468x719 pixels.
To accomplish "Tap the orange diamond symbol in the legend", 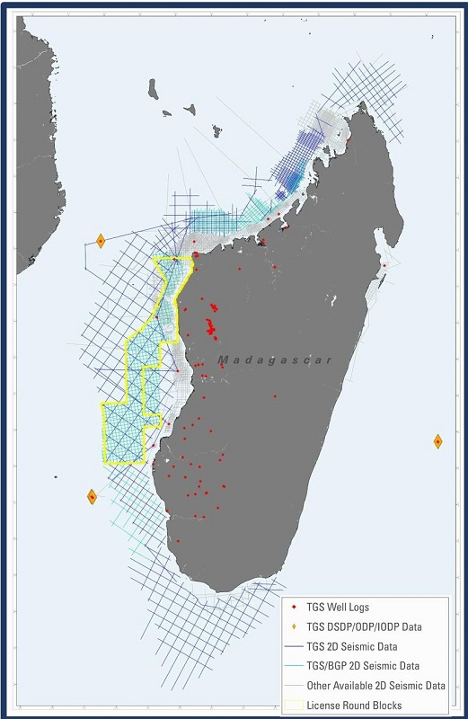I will pyautogui.click(x=294, y=626).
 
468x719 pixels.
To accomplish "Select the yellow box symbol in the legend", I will pyautogui.click(x=294, y=706).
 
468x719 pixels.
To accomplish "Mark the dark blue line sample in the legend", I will pyautogui.click(x=294, y=646).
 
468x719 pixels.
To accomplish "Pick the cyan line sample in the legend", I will pyautogui.click(x=294, y=666).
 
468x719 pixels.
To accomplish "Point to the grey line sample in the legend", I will pyautogui.click(x=294, y=686).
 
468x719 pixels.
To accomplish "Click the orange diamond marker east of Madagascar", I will pyautogui.click(x=437, y=441).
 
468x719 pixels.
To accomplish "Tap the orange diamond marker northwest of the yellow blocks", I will pyautogui.click(x=102, y=241).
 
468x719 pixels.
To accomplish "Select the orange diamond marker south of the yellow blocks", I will pyautogui.click(x=92, y=496).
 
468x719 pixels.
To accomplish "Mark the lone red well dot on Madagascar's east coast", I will pyautogui.click(x=384, y=265).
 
